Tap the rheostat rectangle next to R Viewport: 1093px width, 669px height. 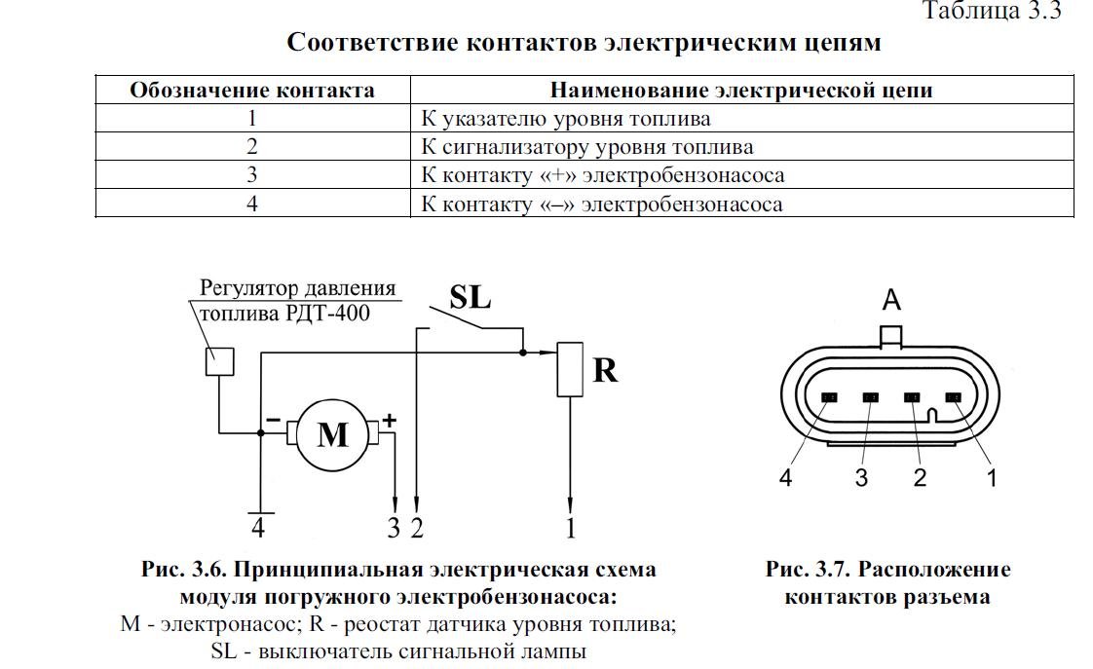[x=570, y=369]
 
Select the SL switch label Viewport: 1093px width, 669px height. [x=470, y=297]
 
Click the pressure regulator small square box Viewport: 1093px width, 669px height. [x=219, y=361]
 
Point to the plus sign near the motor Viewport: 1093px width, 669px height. [x=389, y=421]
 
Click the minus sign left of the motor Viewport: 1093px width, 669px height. [x=273, y=421]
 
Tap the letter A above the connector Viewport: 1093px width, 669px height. [x=891, y=300]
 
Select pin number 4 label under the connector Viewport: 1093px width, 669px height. [x=785, y=477]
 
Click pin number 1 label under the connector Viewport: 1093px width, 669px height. [x=992, y=477]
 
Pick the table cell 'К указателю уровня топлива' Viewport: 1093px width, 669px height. [x=565, y=119]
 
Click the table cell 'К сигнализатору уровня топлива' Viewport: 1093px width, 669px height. [x=587, y=147]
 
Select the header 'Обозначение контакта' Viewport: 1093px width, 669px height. [x=252, y=90]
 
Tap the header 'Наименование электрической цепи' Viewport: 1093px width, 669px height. [x=741, y=90]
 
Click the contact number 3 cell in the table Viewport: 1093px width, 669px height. [x=252, y=174]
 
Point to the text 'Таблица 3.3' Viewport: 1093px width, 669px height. [x=992, y=11]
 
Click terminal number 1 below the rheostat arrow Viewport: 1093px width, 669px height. [x=571, y=528]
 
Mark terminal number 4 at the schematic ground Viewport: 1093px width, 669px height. [x=258, y=528]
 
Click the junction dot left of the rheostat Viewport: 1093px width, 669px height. [x=523, y=353]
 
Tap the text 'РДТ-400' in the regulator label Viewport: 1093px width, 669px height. [x=327, y=313]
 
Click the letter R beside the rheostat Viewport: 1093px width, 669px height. [x=605, y=370]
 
